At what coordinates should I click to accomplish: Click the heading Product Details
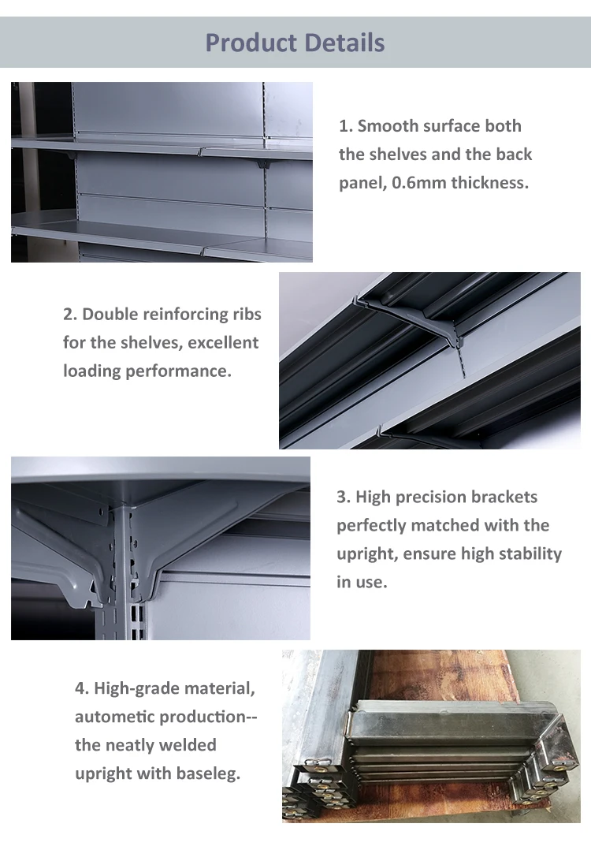click(295, 42)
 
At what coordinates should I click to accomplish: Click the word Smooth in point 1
click(387, 126)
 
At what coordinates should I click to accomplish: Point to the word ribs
click(243, 315)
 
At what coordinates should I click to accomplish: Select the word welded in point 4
click(190, 745)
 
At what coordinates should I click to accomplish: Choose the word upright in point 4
click(102, 773)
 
